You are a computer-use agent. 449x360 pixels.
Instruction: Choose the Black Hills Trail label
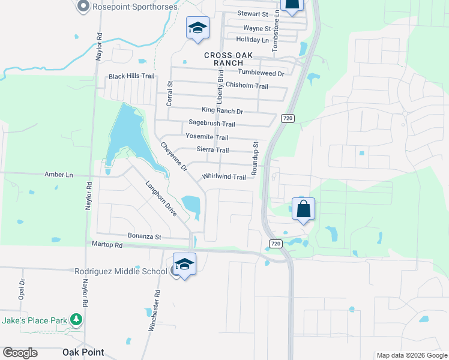pos(131,76)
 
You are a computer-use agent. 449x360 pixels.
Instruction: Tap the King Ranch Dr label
pos(222,111)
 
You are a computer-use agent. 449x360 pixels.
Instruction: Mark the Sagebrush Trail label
pos(211,124)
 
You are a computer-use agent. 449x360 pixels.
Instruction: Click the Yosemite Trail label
pos(206,137)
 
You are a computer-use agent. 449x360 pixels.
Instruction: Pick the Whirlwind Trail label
pos(224,177)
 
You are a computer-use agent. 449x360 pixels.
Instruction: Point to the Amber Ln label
pos(58,174)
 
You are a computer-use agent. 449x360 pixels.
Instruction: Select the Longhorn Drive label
pos(161,199)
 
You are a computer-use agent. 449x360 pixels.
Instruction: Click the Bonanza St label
pos(145,236)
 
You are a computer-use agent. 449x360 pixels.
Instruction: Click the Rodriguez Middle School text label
pos(120,271)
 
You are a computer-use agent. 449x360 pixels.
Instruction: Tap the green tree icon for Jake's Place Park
pos(76,320)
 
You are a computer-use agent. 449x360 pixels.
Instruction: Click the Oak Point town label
pos(83,352)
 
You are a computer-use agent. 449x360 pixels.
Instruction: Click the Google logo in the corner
pos(20,352)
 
